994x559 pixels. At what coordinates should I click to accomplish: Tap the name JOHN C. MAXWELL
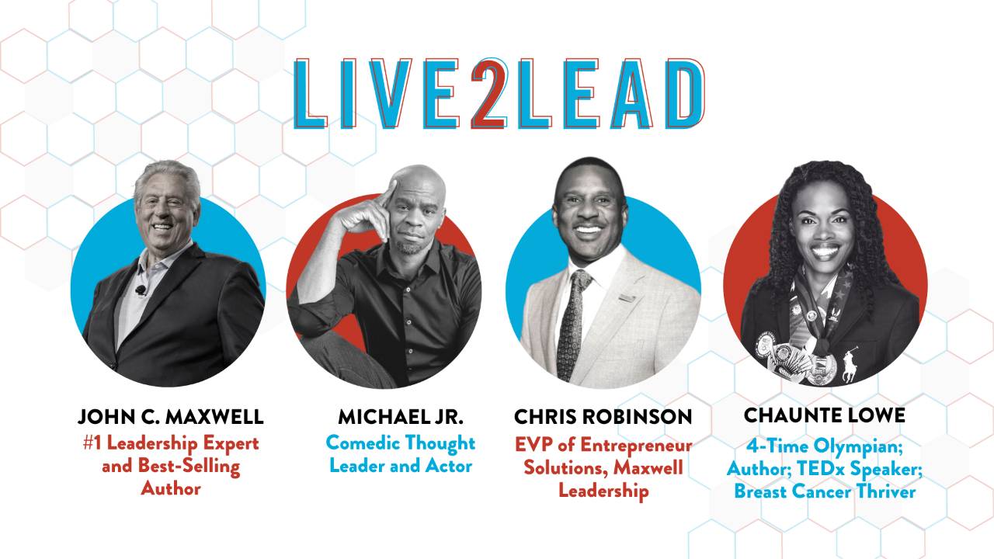(171, 417)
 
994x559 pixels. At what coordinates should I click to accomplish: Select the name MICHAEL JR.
(401, 417)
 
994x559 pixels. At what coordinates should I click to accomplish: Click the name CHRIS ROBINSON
(603, 417)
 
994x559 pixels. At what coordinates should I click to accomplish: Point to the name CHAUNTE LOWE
(825, 415)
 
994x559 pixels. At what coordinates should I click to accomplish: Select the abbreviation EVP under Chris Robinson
(533, 445)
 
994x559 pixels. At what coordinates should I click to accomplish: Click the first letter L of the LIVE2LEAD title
(308, 94)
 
